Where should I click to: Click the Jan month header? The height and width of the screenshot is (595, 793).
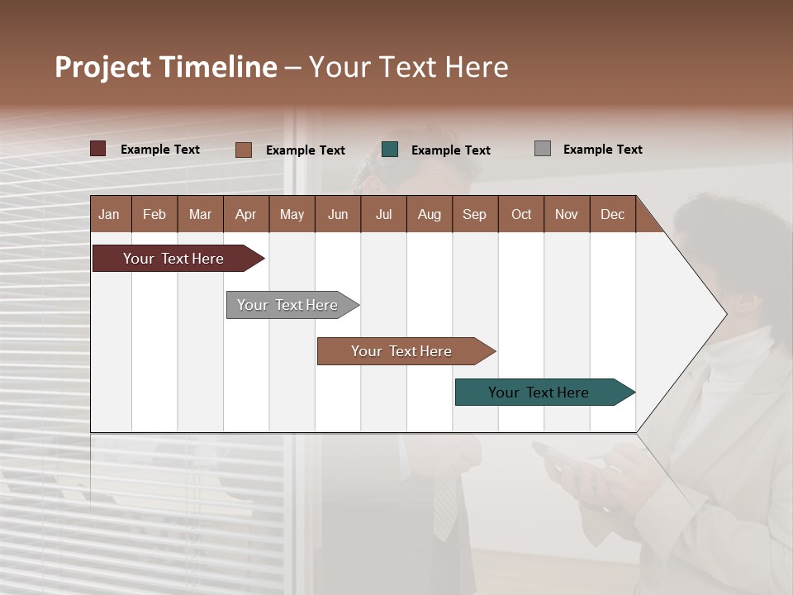(x=110, y=214)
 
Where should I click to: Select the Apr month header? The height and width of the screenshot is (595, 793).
(x=245, y=214)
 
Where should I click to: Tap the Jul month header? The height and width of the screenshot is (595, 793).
(x=383, y=214)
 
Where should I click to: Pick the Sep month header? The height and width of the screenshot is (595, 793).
(x=474, y=214)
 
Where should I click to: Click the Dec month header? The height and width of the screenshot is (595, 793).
(x=612, y=214)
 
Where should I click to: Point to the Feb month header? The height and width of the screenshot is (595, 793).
(x=154, y=214)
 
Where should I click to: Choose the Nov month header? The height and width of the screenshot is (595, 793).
(x=567, y=214)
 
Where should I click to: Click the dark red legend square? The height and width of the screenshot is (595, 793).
(x=98, y=149)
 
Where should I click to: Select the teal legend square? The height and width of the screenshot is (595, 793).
(x=390, y=150)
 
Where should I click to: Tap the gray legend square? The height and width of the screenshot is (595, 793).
(x=543, y=149)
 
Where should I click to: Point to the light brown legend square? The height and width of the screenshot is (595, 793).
(x=244, y=150)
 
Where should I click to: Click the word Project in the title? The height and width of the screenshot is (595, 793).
(x=103, y=67)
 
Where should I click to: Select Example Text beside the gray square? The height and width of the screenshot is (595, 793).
(x=602, y=150)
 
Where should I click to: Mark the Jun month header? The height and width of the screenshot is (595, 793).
(x=338, y=214)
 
